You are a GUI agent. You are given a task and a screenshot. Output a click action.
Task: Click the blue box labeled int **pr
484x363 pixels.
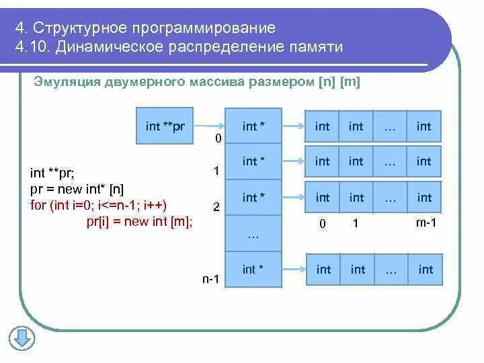coord(164,126)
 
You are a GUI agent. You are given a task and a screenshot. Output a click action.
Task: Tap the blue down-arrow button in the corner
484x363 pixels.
coord(22,337)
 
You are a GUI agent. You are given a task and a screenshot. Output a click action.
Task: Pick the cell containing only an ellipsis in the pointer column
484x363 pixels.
coord(253,234)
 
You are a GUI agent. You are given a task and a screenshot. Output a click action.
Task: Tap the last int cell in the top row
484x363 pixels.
coord(424,126)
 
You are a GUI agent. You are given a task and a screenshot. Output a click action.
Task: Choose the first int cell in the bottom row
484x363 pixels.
coord(323,270)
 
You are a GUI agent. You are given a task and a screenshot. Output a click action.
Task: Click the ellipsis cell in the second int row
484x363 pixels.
coord(390,161)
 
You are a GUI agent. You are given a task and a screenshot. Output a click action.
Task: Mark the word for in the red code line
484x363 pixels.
coord(38,205)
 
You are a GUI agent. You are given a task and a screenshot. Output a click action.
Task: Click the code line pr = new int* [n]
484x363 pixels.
coord(77,189)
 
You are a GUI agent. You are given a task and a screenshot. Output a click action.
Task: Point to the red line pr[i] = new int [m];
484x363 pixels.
coord(139,222)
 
